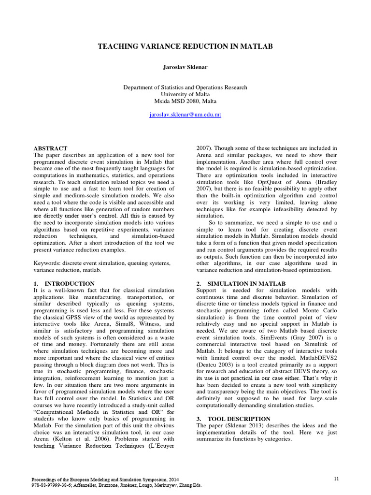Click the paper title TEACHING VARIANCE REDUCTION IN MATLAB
[185, 46]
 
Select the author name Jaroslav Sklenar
[185, 67]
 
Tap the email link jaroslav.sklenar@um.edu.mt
[185, 116]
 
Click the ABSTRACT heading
[50, 148]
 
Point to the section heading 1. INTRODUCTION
[64, 283]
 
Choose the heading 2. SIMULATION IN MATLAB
[241, 283]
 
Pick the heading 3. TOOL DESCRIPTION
[233, 419]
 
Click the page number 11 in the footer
[336, 478]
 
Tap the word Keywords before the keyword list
[46, 263]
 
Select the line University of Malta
[185, 94]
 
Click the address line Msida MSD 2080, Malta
[185, 101]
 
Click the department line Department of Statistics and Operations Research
[185, 87]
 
